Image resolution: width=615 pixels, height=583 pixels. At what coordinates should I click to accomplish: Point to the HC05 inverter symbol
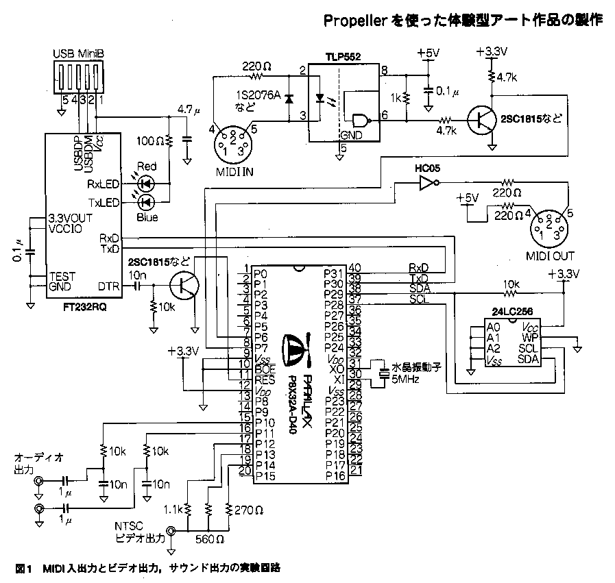426,183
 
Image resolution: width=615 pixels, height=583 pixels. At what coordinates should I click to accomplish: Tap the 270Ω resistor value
248,510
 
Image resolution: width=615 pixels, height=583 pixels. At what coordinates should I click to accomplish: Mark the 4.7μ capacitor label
188,109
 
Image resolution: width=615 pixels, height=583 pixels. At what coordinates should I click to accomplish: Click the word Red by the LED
147,166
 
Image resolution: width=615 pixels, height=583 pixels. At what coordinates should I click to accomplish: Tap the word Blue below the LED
147,217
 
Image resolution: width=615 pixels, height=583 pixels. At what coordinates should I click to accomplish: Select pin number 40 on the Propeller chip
354,267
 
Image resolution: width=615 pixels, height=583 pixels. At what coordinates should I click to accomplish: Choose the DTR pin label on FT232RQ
110,286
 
